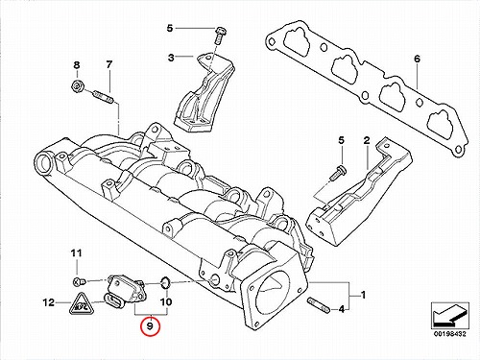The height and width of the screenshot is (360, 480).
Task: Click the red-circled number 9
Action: click(151, 326)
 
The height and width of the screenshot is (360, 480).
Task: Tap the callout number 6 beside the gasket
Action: click(417, 60)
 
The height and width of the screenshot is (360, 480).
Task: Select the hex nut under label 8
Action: click(77, 85)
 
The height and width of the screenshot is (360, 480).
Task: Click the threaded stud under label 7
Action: click(103, 97)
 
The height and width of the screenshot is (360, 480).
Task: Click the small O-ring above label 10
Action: click(165, 283)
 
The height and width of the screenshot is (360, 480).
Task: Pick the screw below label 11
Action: click(79, 282)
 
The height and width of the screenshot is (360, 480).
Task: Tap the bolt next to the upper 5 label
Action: click(220, 35)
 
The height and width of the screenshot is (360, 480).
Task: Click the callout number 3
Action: click(171, 58)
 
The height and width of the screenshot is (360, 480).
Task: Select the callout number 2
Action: click(367, 140)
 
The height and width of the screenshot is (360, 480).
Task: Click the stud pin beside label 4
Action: click(318, 305)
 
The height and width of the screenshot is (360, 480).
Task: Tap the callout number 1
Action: click(363, 295)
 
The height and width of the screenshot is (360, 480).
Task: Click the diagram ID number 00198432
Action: click(450, 334)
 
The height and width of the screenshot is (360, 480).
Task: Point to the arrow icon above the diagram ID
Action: click(450, 314)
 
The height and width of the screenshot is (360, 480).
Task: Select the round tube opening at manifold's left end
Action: click(44, 162)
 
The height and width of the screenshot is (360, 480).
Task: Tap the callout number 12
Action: click(49, 302)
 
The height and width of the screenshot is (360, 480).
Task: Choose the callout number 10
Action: click(166, 301)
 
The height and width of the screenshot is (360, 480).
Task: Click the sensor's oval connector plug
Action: click(114, 301)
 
